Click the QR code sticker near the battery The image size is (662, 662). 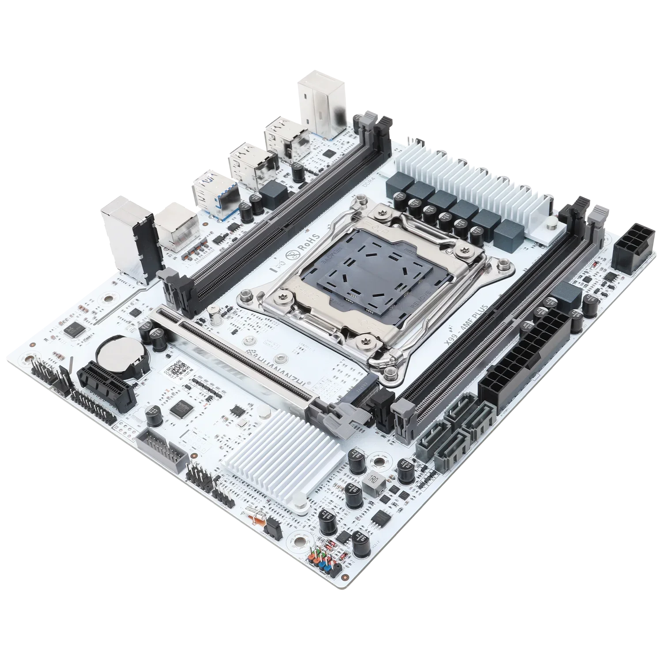pyautogui.click(x=179, y=370)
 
